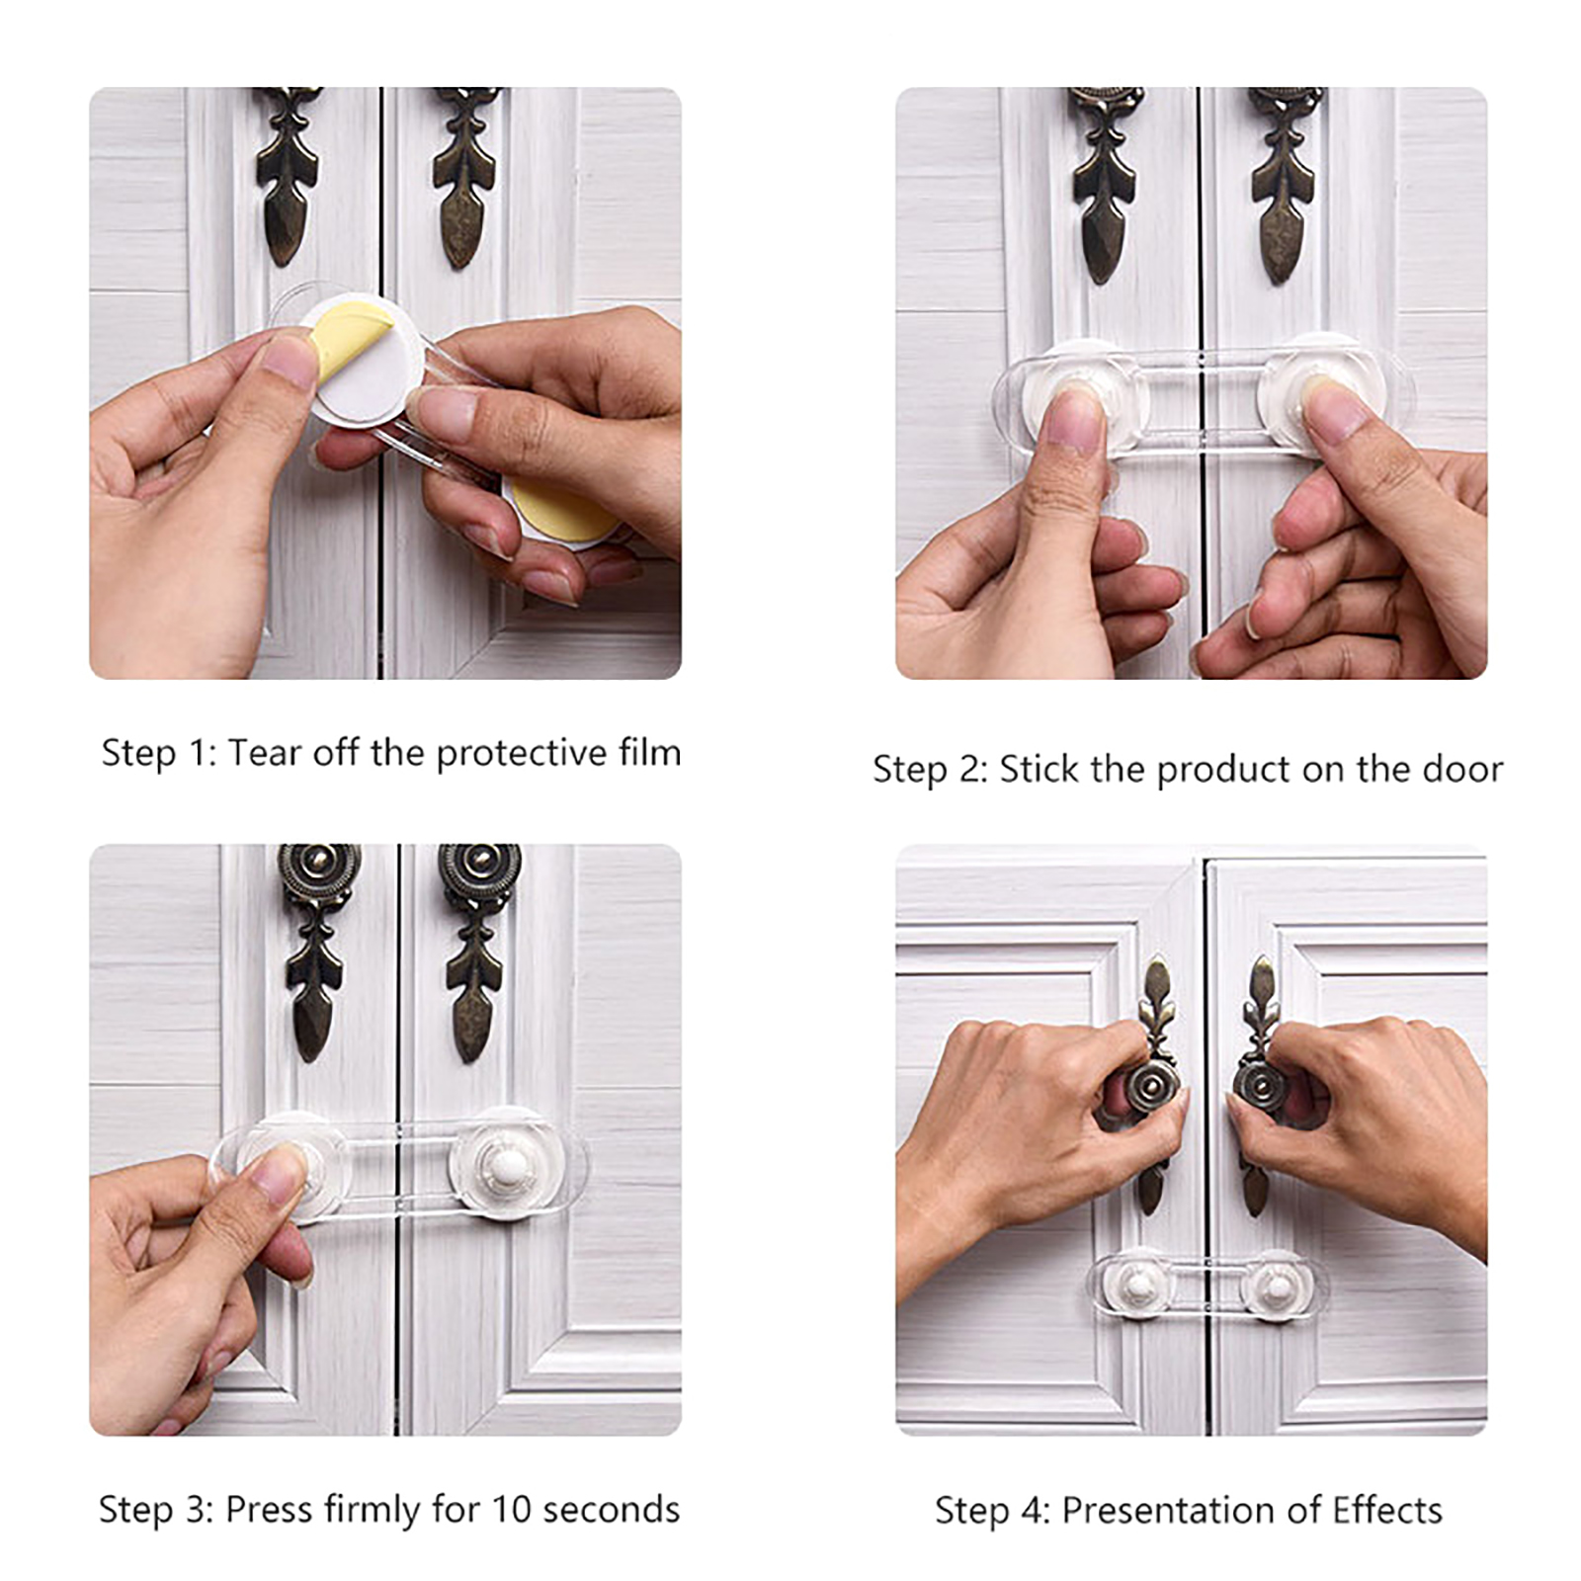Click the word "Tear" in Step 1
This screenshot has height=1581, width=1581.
click(266, 753)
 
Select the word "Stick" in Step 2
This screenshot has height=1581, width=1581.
click(1039, 769)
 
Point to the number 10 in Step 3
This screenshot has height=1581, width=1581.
click(512, 1510)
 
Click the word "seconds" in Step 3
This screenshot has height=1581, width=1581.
click(612, 1510)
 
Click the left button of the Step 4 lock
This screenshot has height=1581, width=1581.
click(1140, 1285)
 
